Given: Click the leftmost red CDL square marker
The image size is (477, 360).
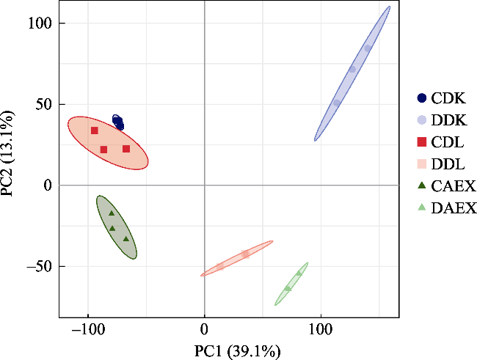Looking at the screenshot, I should (95, 131).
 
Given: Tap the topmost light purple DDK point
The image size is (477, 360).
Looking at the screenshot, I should (368, 48).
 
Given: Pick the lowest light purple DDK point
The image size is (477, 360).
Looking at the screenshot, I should (336, 103).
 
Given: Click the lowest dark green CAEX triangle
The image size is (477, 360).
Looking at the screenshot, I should (126, 238).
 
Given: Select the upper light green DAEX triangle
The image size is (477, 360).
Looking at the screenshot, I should (299, 273).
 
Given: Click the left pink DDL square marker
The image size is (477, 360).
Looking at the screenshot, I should (220, 266).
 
